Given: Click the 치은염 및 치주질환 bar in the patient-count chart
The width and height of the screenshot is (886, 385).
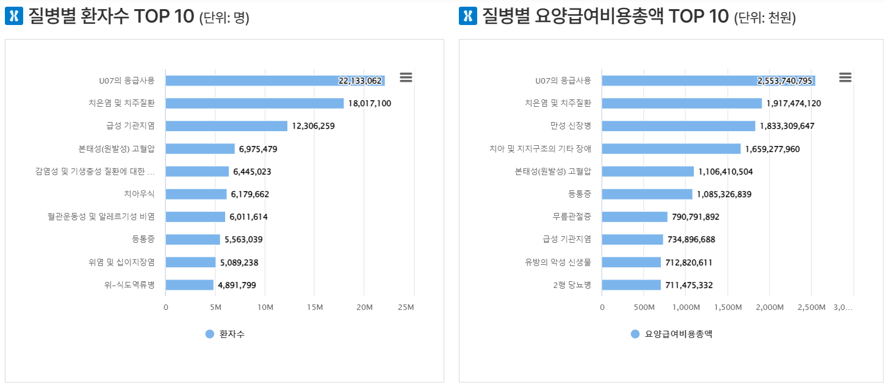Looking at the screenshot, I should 254,103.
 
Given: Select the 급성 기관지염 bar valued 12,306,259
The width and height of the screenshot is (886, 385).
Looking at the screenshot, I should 226,126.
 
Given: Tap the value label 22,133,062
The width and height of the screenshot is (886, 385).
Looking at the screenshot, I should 360,81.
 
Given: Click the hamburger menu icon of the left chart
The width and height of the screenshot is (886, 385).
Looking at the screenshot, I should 406,77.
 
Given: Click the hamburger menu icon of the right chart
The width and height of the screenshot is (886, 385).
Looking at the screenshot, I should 845,77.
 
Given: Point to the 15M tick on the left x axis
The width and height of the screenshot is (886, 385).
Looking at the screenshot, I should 314,307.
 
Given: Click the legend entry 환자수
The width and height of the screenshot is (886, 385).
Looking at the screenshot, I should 225,334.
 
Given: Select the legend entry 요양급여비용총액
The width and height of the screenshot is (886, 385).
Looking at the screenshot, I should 671,334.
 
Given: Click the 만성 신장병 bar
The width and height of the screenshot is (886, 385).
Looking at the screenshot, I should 679,126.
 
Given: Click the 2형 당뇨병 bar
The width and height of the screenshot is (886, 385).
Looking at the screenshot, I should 632,285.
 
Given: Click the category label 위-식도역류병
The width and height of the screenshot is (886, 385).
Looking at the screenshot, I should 129,285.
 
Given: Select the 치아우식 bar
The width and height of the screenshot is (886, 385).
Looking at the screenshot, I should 196,194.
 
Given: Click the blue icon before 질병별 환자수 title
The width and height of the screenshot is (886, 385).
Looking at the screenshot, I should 13,16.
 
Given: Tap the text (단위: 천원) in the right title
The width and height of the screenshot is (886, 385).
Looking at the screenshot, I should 765,18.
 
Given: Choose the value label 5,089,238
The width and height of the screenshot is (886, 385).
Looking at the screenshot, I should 239,262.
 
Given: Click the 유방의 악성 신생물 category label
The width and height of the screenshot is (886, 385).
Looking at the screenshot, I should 558,262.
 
